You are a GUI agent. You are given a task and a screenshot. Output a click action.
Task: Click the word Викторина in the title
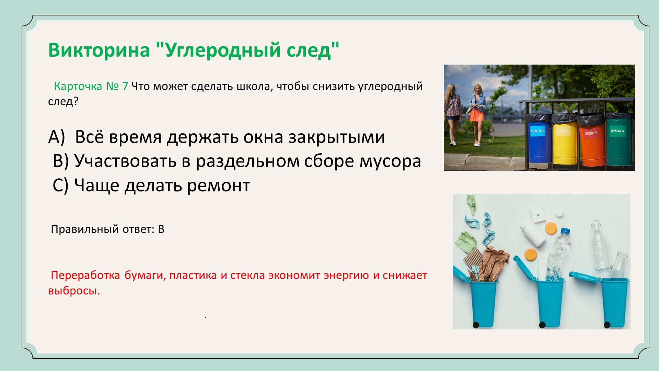(99, 50)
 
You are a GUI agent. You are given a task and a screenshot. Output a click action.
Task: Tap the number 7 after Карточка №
(125, 86)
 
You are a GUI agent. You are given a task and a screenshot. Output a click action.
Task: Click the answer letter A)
(57, 137)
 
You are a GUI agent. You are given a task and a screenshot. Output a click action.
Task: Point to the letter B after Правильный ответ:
(161, 229)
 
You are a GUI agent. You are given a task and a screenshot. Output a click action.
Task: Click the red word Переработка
(85, 276)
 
